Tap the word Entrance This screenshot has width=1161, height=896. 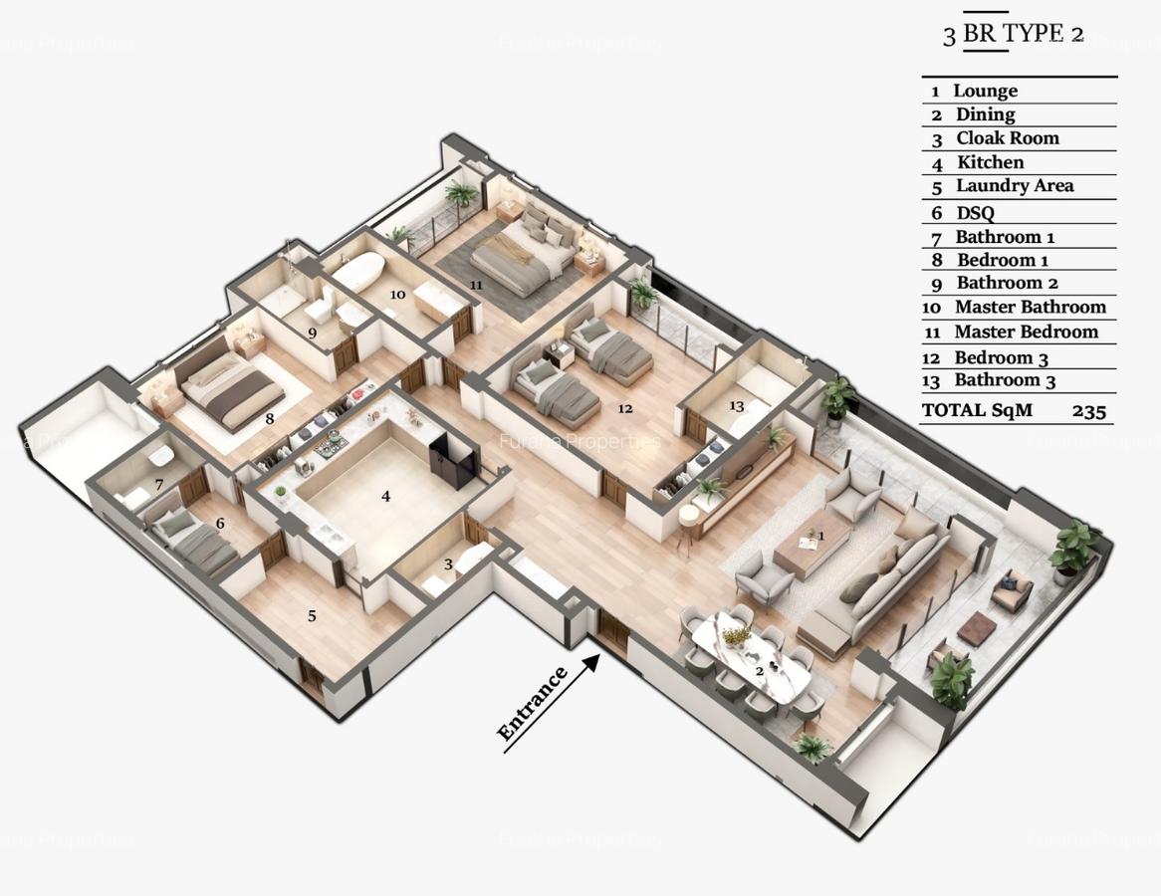click(534, 705)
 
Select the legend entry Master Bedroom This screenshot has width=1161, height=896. click(1025, 333)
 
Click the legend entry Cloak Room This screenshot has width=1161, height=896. click(1007, 138)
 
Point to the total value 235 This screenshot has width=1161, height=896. click(1089, 410)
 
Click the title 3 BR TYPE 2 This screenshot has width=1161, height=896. click(1013, 34)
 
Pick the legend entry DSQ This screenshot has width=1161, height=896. click(975, 212)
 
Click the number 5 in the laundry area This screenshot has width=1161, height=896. click(312, 616)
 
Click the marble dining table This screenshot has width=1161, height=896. click(751, 653)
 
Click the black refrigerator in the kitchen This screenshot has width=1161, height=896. click(453, 461)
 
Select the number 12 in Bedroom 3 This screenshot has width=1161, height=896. click(624, 408)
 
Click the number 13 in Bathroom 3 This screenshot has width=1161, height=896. click(736, 405)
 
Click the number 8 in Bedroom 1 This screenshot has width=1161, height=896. click(269, 419)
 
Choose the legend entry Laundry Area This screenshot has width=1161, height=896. click(1014, 186)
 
